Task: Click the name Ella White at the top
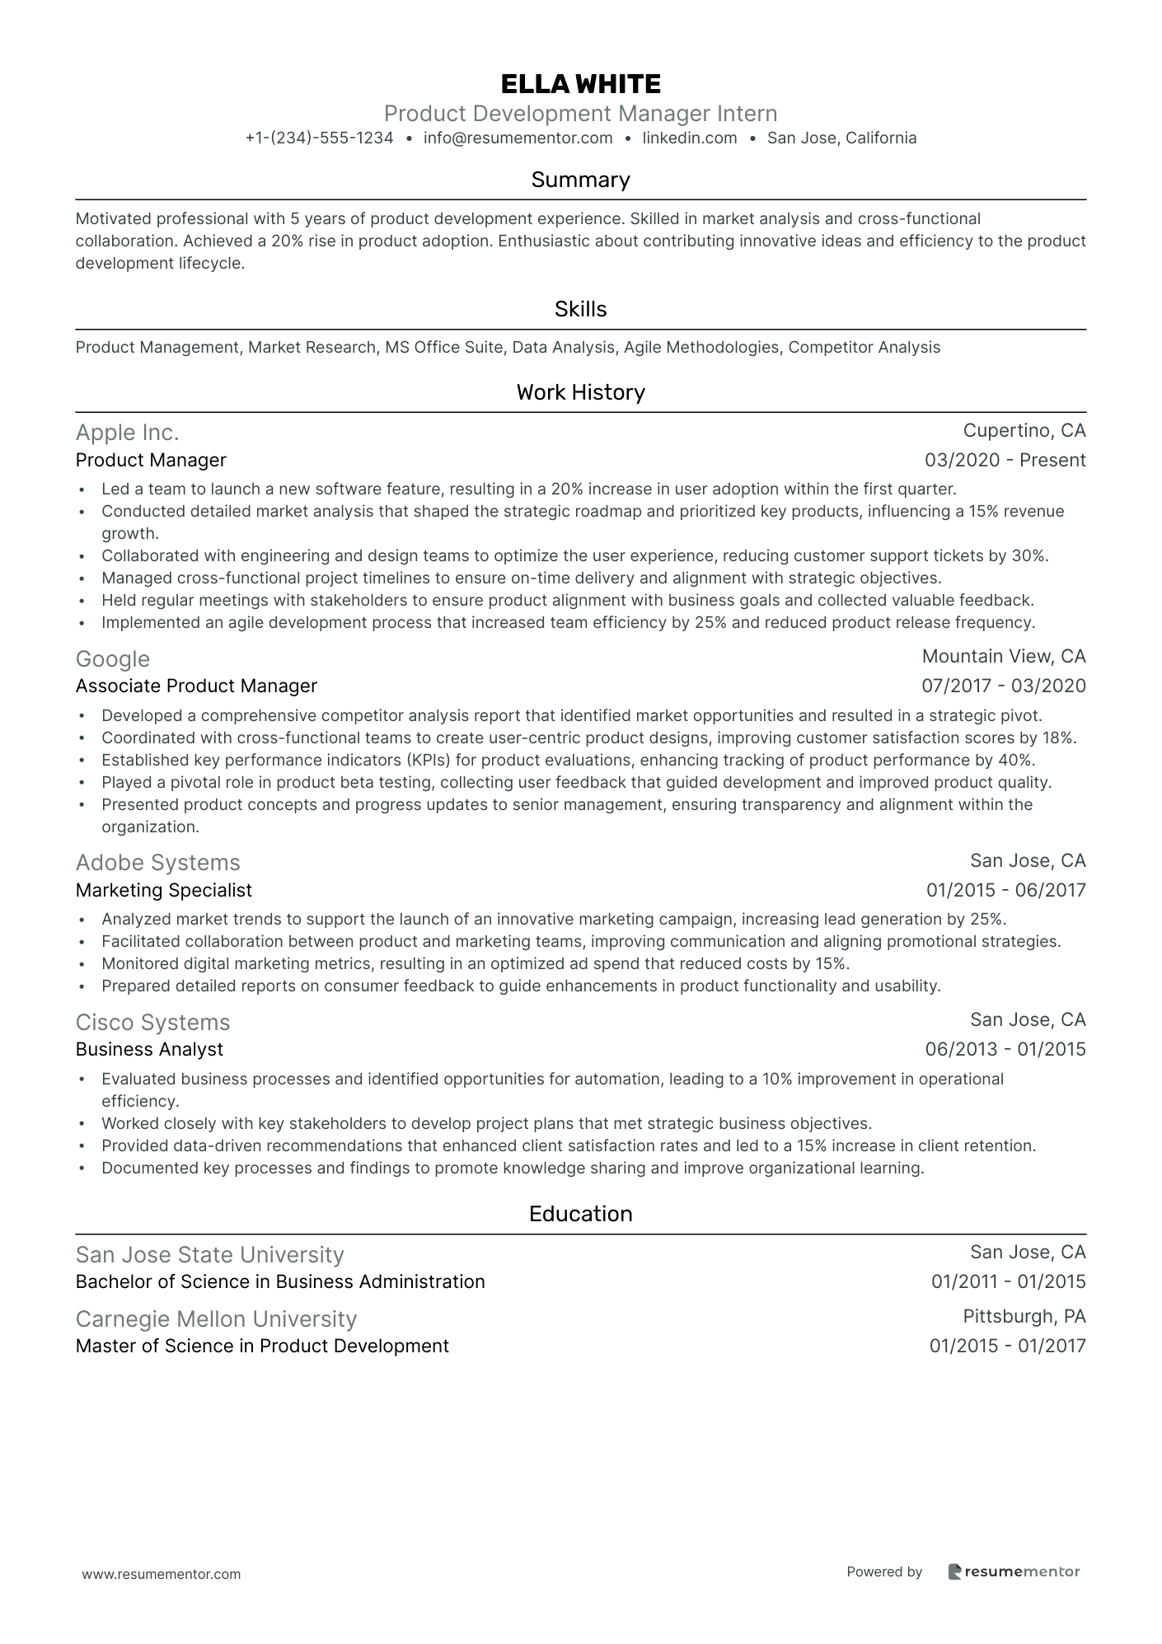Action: coord(580,84)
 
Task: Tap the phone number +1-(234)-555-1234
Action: coord(319,138)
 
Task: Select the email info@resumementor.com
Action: coord(518,138)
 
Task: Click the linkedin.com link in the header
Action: coord(689,138)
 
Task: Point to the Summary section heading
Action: coord(580,180)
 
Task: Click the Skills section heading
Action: coord(580,309)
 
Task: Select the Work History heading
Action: coord(580,392)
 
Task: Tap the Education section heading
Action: coord(580,1214)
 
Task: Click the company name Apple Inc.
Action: coord(127,433)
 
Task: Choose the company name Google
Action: coord(112,659)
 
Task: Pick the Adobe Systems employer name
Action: coord(157,863)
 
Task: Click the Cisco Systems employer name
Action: coord(152,1023)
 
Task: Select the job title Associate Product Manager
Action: coord(196,686)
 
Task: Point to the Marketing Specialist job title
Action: coord(163,890)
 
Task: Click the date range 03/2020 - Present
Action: coord(1005,461)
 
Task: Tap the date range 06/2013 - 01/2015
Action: coord(1005,1050)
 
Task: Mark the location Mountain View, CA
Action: coord(1003,657)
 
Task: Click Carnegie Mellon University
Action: coord(216,1319)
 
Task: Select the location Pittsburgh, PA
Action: coord(1024,1317)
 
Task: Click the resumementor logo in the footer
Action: coord(1013,1571)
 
